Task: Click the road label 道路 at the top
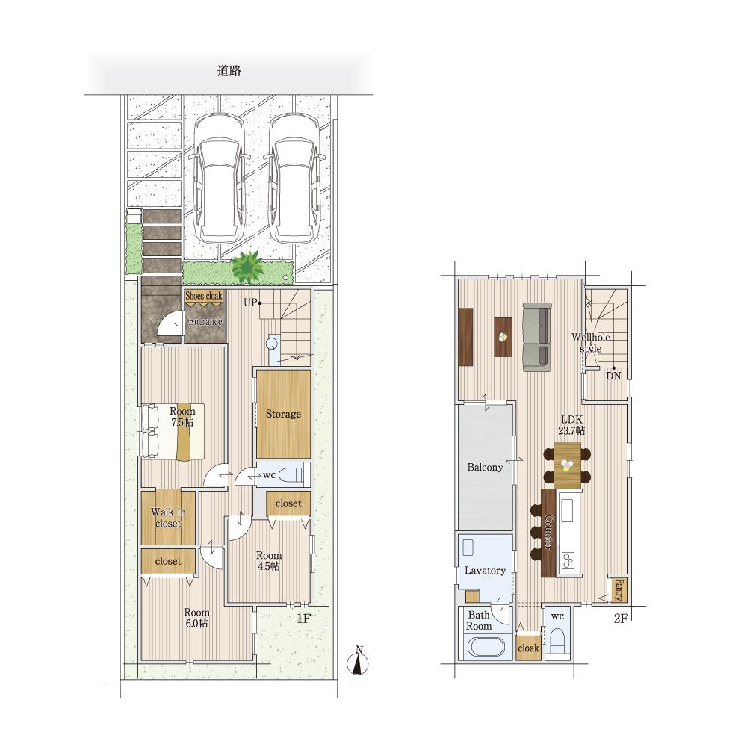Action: point(229,71)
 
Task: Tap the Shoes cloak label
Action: point(204,296)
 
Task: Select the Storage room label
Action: point(283,414)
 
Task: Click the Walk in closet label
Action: point(168,518)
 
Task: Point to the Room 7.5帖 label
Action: point(182,416)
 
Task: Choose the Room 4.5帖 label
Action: point(269,561)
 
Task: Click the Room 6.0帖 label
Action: point(196,618)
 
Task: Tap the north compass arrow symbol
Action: point(359,661)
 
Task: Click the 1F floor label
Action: point(303,619)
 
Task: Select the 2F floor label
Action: point(621,619)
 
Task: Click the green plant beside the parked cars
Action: point(247,267)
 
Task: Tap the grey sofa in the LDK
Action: point(537,337)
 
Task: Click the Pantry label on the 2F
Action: point(619,590)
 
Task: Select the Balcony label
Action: point(485,468)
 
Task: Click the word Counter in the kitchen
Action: point(548,532)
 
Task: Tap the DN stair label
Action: point(613,376)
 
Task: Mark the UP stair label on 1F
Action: point(250,302)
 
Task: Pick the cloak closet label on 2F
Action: point(528,648)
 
